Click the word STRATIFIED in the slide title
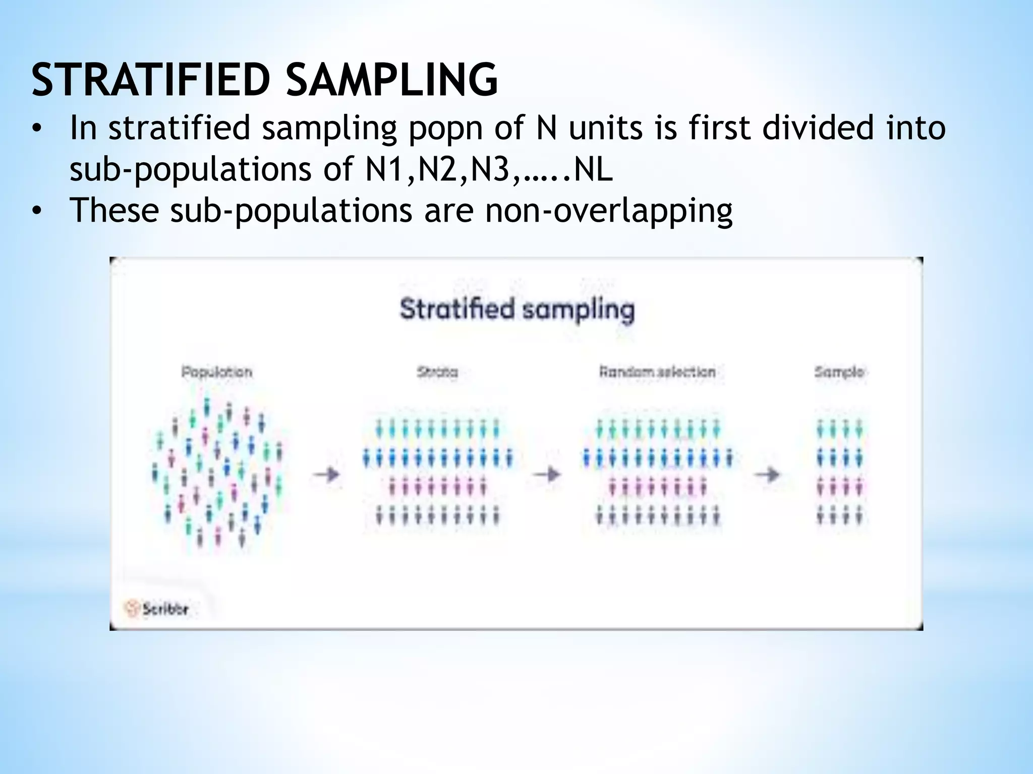149,79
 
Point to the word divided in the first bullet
818,127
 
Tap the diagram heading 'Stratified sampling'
517,309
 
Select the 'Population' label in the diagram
217,372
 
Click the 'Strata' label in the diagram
437,372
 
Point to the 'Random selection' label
657,372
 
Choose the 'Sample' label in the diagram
839,372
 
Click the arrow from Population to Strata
326,474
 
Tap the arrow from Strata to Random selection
547,474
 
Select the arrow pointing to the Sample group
767,474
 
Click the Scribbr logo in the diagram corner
156,609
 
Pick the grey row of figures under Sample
839,515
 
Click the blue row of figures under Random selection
657,459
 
